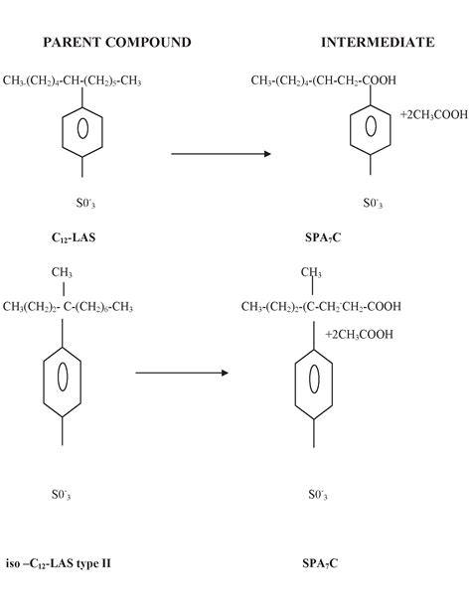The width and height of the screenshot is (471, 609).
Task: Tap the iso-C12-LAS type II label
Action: pyautogui.click(x=58, y=563)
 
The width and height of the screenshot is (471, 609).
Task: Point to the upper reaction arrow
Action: pyautogui.click(x=222, y=154)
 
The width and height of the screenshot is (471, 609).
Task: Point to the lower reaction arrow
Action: pyautogui.click(x=182, y=374)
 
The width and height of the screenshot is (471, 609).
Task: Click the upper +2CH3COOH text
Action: pyautogui.click(x=434, y=115)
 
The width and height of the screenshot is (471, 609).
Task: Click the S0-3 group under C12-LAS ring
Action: pyautogui.click(x=85, y=203)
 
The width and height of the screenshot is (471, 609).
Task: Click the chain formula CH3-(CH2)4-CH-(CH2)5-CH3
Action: pyautogui.click(x=72, y=80)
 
